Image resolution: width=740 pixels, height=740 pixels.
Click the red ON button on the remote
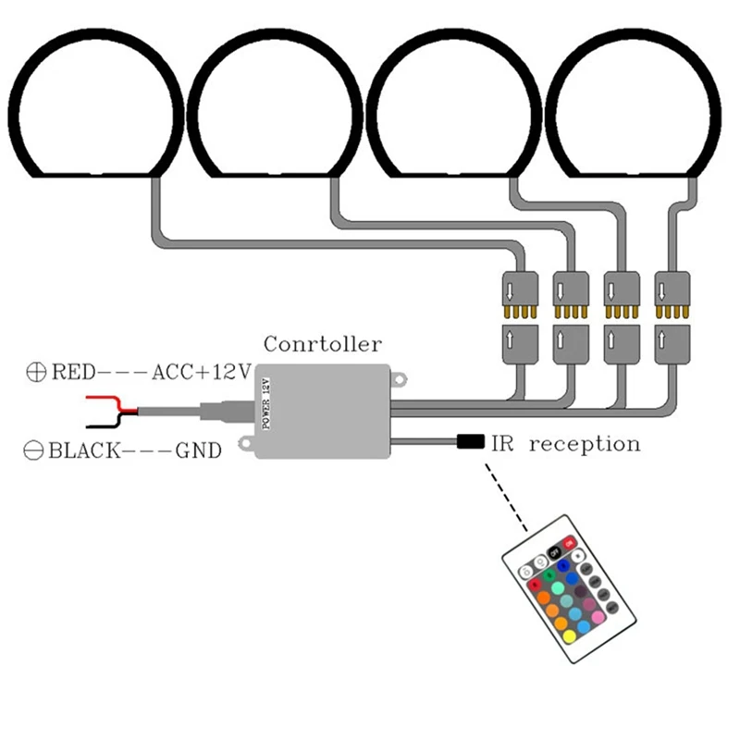tap(569, 543)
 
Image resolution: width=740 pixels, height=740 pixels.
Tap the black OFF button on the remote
tap(554, 551)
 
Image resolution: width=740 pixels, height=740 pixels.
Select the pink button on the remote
tap(598, 617)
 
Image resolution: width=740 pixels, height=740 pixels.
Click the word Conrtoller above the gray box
tap(323, 344)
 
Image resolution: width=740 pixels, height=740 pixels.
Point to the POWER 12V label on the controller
tap(265, 404)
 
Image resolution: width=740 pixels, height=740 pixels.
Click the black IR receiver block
tap(471, 442)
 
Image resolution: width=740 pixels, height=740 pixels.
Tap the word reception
tap(585, 445)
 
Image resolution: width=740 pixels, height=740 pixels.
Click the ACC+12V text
tap(202, 373)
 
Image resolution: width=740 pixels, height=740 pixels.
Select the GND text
tap(199, 450)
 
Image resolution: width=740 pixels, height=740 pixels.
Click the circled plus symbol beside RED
tap(36, 372)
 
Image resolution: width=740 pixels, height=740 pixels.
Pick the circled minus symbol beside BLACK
tap(33, 450)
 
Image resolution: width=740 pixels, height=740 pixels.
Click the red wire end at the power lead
tap(88, 398)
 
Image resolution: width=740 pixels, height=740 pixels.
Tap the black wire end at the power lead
tap(88, 426)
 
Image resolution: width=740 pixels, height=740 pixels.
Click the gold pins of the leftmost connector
tap(520, 312)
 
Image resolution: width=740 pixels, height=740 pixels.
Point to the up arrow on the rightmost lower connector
tap(661, 339)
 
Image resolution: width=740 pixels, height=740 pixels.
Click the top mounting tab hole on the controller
tap(400, 379)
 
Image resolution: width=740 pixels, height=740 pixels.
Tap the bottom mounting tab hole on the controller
tap(246, 443)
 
